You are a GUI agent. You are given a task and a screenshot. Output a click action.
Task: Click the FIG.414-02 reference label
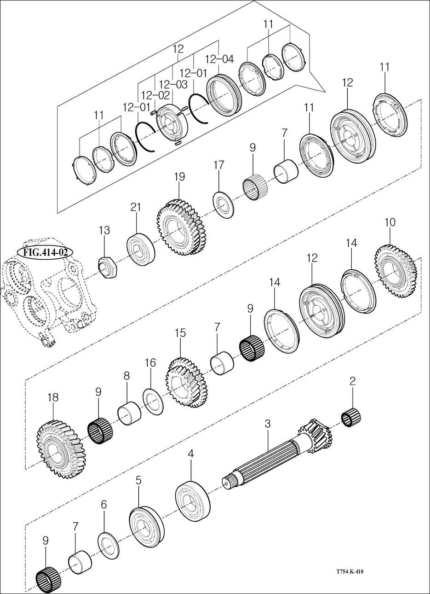coord(45,252)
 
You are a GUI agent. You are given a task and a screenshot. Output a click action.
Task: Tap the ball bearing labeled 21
coord(141,249)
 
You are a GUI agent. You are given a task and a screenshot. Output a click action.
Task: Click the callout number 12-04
coord(219,59)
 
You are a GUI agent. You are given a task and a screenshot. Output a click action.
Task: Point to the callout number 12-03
coord(173,85)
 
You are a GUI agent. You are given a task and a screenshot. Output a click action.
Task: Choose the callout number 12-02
coord(155,95)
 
